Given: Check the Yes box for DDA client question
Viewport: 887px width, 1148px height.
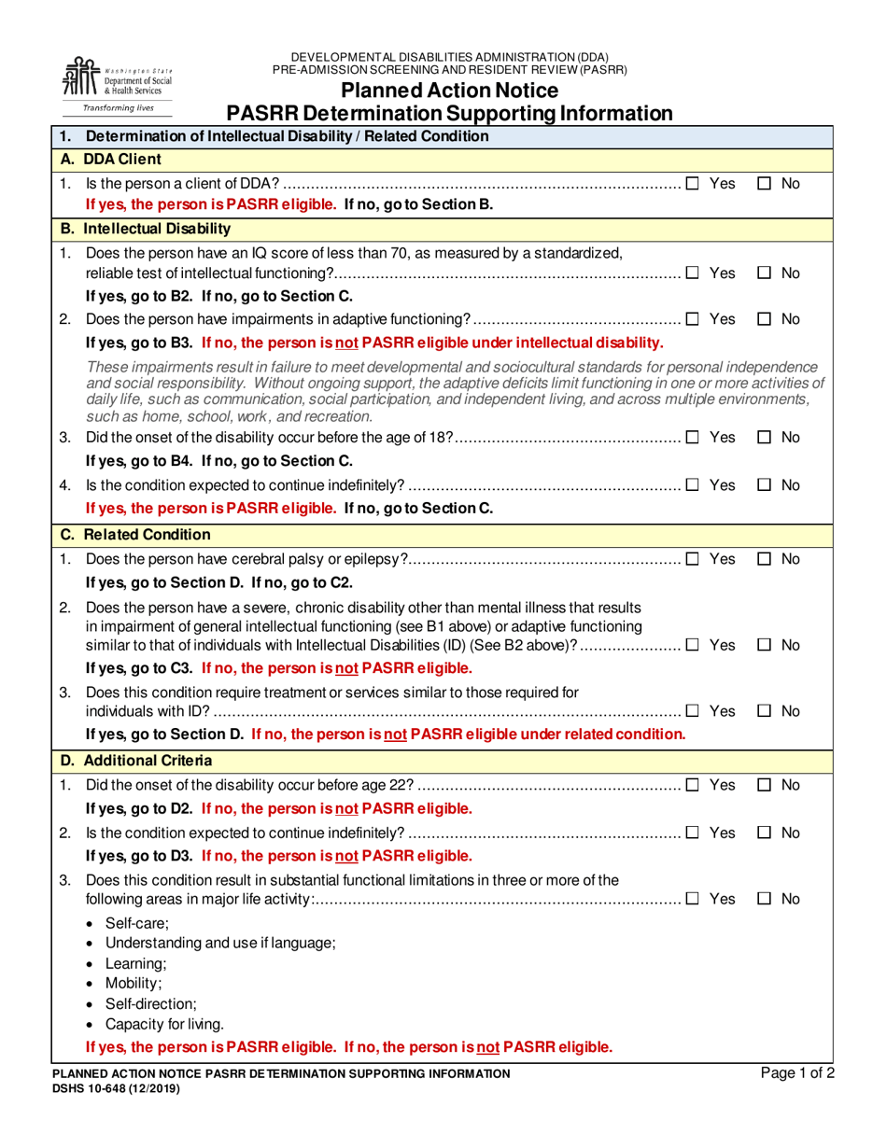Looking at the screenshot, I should pyautogui.click(x=693, y=184).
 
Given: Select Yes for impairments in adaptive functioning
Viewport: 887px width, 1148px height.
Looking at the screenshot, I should pyautogui.click(x=693, y=319).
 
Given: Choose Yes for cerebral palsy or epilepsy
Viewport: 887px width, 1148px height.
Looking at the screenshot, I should pyautogui.click(x=693, y=558).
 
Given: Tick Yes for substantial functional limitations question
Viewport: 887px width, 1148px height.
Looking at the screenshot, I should pyautogui.click(x=693, y=899).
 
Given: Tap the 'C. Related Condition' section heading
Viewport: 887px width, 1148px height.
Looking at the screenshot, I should pyautogui.click(x=135, y=535).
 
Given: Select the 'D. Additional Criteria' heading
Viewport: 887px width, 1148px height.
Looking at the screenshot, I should pyautogui.click(x=136, y=761).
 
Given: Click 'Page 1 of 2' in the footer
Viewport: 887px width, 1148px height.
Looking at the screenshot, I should pyautogui.click(x=797, y=1073).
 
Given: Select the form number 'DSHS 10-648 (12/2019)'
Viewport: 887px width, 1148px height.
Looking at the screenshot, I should pyautogui.click(x=117, y=1088).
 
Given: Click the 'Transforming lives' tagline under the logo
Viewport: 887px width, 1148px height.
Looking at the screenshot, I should pyautogui.click(x=119, y=108).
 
